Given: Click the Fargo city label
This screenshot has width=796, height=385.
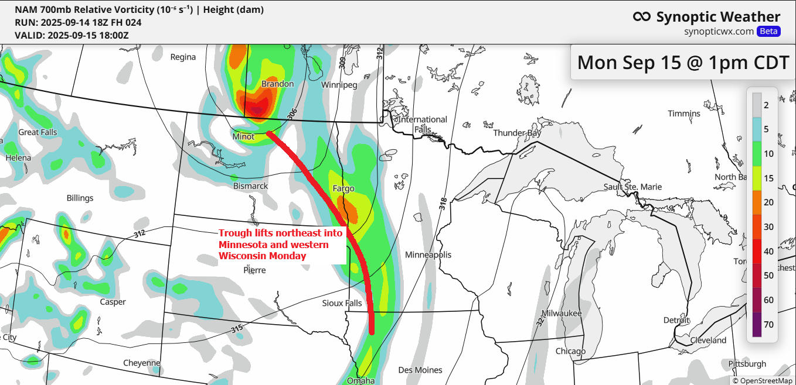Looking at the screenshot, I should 343,189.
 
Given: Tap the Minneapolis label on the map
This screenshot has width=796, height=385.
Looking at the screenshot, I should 428,255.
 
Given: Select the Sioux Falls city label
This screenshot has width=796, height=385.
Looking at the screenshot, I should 342,303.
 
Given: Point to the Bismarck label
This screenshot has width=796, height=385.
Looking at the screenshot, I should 250,186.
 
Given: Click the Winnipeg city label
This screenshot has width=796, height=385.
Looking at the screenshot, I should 339,85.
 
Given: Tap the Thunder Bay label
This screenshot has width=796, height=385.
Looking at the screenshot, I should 517,133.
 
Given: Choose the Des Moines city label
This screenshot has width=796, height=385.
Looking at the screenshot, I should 420,370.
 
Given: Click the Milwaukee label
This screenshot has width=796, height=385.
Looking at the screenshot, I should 561,314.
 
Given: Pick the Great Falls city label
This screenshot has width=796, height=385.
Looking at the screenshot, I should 38,132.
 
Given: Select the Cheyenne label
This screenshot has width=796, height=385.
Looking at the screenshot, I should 142,363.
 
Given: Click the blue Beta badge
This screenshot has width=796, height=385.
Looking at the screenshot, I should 768,32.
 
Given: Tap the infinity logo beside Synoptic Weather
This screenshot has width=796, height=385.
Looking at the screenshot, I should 642,17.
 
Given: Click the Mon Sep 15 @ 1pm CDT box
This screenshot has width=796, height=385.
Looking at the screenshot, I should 683,62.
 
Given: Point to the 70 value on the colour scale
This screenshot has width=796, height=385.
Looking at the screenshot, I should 768,325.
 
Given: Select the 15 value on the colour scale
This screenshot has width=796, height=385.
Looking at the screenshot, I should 768,177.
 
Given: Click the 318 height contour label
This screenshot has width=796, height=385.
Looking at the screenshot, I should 443,204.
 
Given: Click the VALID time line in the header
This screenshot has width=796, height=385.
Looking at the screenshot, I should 72,35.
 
